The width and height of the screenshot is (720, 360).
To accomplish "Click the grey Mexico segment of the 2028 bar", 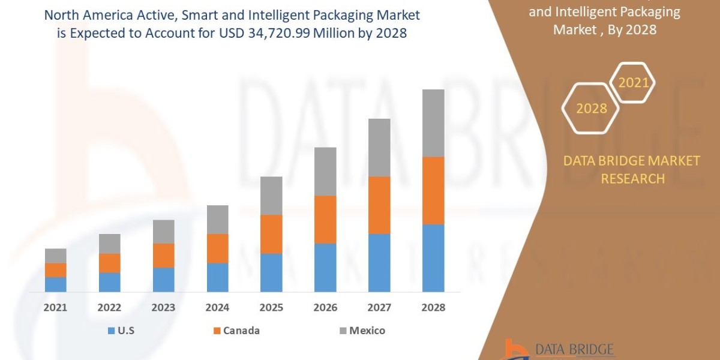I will click(x=433, y=123).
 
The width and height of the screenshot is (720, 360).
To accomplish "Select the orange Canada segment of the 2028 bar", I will click(x=433, y=190).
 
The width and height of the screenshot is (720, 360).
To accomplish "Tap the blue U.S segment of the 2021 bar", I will click(x=56, y=284).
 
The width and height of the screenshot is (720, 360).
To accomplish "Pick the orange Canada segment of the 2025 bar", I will click(x=271, y=234).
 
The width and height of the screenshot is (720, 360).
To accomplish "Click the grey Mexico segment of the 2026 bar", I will click(x=325, y=171).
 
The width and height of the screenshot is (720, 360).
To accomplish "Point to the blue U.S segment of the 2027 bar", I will click(x=379, y=263).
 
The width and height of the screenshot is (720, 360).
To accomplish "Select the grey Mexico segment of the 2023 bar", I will click(x=163, y=232).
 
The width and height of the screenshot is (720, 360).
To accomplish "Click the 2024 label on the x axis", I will click(x=217, y=308).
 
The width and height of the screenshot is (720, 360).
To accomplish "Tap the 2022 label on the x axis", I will click(x=109, y=308).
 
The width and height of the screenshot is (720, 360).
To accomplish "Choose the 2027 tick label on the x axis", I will click(x=379, y=308).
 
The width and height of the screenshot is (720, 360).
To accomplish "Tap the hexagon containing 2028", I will click(x=590, y=109).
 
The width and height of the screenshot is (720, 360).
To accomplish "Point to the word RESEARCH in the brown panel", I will click(x=632, y=179).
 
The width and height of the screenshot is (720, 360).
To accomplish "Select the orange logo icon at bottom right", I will click(x=514, y=349).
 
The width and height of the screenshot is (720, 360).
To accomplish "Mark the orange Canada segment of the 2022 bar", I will click(x=109, y=263).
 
